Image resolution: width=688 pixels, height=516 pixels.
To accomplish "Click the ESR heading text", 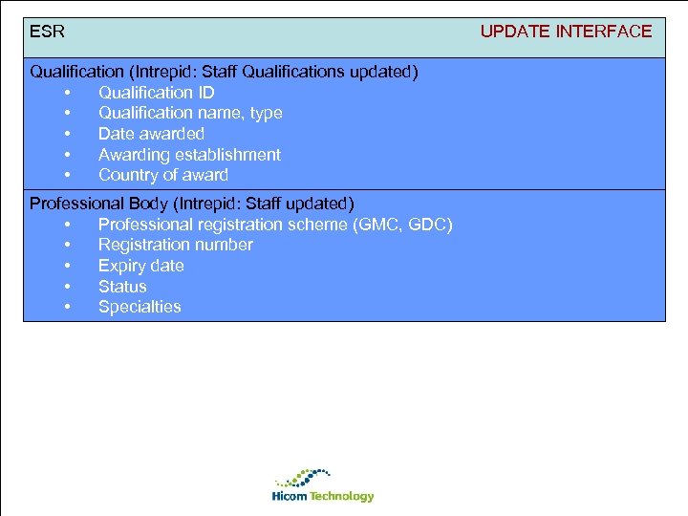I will (48, 32).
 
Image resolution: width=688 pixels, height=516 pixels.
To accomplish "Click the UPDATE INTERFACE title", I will (566, 32).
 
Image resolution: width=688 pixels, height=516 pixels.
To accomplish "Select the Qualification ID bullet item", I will (156, 93).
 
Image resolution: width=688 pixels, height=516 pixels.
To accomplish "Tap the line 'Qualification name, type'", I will (190, 113).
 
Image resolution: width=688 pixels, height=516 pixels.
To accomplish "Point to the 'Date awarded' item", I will (151, 134).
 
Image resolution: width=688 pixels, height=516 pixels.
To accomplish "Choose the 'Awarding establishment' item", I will (189, 155).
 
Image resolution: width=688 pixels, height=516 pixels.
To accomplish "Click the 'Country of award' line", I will (163, 175).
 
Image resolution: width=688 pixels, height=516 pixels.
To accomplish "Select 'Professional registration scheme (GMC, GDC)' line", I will (275, 225).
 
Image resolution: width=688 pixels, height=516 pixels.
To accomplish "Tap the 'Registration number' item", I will (176, 245).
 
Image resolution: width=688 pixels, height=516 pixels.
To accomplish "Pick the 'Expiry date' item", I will (140, 266).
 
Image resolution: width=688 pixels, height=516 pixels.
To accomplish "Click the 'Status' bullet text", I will (122, 287).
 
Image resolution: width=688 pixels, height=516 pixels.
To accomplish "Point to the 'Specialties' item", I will (140, 307).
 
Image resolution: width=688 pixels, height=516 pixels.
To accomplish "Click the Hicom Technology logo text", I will (323, 497).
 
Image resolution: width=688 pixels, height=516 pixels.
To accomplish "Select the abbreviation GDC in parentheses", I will (426, 225).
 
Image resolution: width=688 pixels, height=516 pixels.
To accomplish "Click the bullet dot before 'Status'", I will (68, 287).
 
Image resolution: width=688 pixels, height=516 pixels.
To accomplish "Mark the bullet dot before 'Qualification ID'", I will (68, 93).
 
